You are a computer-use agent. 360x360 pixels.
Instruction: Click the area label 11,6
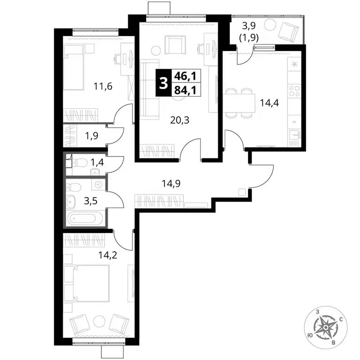point(103,87)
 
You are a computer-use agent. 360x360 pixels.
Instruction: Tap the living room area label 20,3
point(180,120)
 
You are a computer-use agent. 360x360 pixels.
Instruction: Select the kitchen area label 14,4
point(270,103)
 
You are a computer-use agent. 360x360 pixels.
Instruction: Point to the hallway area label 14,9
point(171,183)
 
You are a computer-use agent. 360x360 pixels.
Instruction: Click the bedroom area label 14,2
point(108,255)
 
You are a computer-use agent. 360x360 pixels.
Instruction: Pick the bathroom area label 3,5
point(90,201)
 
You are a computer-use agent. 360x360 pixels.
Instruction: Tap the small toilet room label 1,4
point(97,163)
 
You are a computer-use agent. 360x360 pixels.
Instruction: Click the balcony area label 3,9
point(249,26)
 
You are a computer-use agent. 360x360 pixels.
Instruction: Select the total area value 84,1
point(185,90)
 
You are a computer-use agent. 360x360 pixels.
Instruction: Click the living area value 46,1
point(185,76)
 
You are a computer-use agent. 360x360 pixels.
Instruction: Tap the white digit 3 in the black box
point(164,83)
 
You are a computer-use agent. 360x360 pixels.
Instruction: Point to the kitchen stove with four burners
point(294,90)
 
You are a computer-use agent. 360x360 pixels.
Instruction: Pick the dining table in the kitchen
point(239,103)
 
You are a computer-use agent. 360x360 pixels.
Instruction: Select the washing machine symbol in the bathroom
point(99,184)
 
